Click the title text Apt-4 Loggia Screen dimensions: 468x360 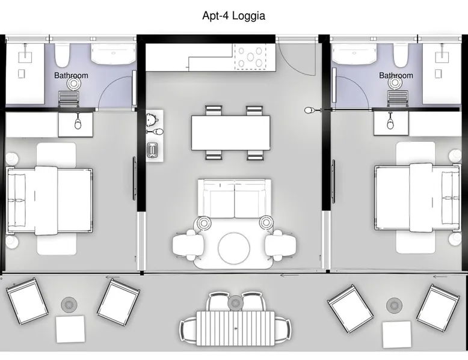click(234, 16)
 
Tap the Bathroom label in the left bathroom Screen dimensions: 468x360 click(71, 76)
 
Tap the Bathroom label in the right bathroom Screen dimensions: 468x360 click(396, 76)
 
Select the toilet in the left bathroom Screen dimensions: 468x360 click(63, 55)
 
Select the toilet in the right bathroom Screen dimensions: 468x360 click(400, 55)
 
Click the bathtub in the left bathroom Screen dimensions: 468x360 click(114, 53)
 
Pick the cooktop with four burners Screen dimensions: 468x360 click(250, 56)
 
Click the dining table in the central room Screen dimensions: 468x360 click(231, 133)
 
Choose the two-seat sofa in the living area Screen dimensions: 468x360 click(235, 198)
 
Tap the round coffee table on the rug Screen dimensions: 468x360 click(234, 248)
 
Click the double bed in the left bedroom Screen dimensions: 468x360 click(49, 200)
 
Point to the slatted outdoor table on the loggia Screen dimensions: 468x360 click(235, 328)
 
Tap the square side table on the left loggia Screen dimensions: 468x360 click(70, 329)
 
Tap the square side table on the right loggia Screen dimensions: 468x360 click(396, 334)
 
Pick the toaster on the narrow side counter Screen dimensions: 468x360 click(152, 150)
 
